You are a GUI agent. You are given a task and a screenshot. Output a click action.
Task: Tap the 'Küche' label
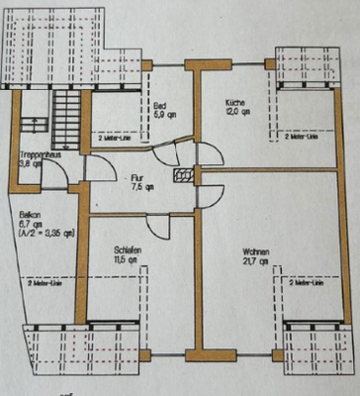point(234,102)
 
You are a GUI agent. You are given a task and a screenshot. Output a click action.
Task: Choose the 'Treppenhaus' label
point(39,155)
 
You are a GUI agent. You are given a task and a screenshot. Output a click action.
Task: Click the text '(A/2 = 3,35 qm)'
point(42,233)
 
